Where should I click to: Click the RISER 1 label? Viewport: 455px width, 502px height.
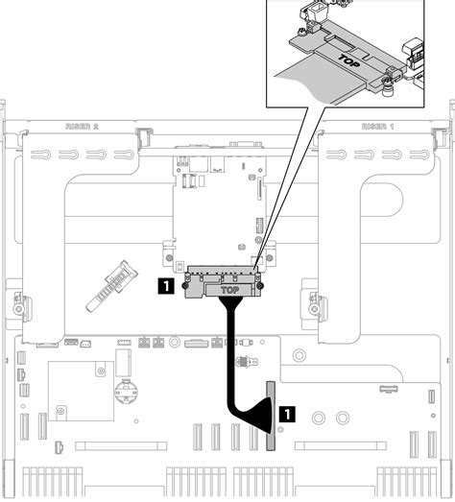(x=378, y=125)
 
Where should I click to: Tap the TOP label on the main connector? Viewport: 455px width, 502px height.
(x=229, y=288)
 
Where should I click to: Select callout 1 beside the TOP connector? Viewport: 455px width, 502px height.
(x=169, y=285)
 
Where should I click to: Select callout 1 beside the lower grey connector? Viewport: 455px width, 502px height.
(x=287, y=414)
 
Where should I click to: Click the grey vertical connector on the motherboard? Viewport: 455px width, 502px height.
(x=270, y=415)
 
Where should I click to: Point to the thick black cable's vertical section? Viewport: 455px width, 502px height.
(x=230, y=355)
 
